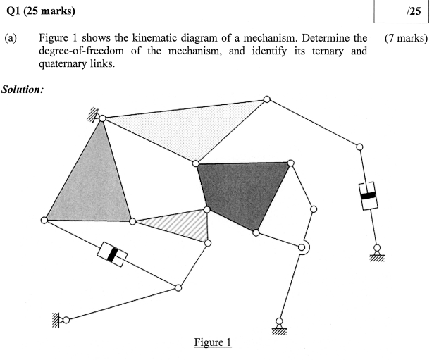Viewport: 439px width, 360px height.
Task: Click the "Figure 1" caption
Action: pyautogui.click(x=212, y=343)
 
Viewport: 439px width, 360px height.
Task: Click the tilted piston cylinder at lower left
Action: pyautogui.click(x=111, y=254)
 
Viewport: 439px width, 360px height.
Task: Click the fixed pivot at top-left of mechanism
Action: pyautogui.click(x=102, y=118)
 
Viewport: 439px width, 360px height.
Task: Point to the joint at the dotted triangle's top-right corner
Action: pyautogui.click(x=266, y=99)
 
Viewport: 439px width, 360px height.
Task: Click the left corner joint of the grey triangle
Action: pyautogui.click(x=44, y=221)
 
